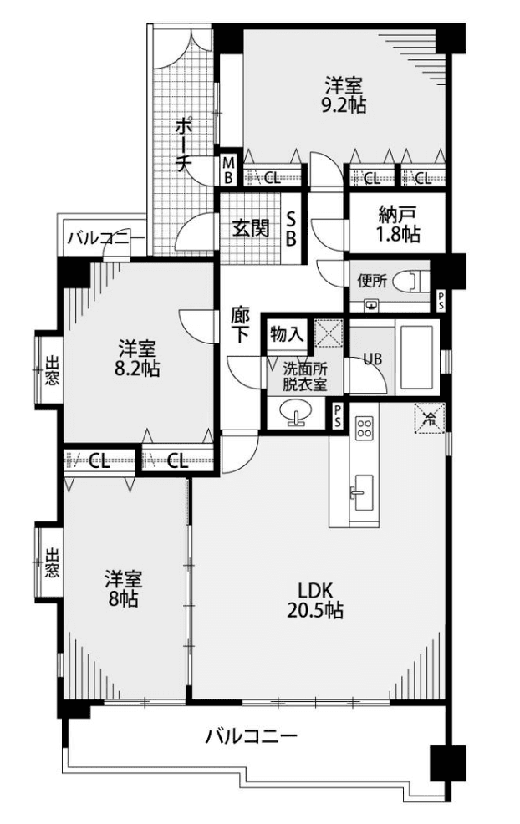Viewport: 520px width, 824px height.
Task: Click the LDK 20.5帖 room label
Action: (315, 599)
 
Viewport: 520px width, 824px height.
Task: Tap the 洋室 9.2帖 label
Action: (344, 95)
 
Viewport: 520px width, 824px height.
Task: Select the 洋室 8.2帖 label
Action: (137, 358)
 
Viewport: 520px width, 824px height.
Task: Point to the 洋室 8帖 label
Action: (123, 588)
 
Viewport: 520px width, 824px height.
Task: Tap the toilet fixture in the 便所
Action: (413, 281)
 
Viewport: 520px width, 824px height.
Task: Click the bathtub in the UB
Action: (417, 356)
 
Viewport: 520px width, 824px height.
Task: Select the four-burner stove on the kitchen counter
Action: (365, 427)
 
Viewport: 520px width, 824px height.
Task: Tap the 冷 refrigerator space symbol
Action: (430, 419)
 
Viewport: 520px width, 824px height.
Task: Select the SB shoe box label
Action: (291, 228)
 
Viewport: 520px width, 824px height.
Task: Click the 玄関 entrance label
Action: (251, 228)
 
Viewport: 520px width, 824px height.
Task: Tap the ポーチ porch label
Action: (182, 145)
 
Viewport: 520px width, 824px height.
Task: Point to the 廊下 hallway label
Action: (240, 325)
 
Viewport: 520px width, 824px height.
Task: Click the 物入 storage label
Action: (287, 333)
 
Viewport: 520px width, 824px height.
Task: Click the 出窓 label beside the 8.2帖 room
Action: (51, 370)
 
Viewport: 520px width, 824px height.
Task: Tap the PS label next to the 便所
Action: (440, 301)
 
